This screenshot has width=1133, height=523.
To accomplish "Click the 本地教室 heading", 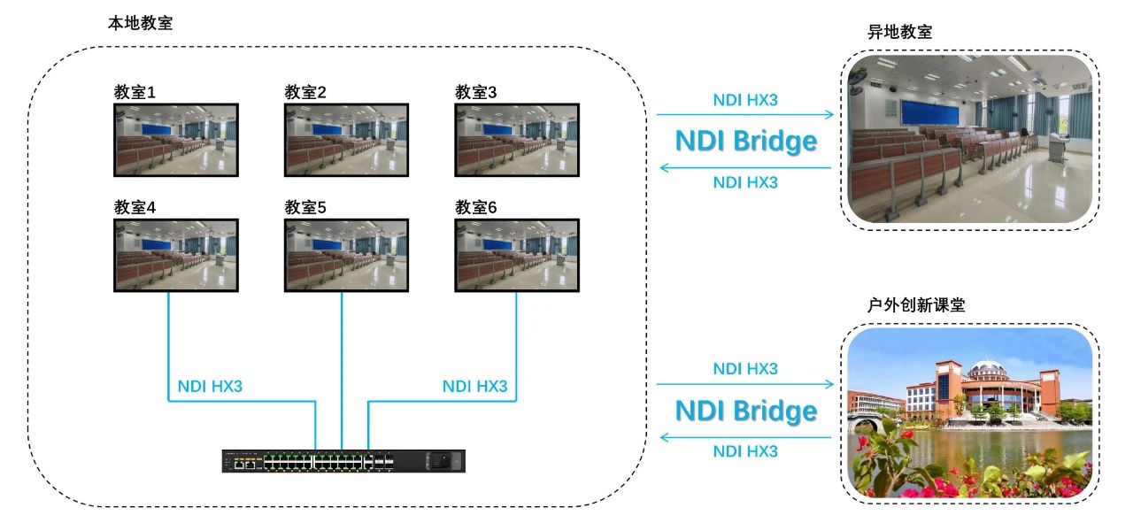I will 140,24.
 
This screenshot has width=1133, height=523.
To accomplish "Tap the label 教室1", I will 135,92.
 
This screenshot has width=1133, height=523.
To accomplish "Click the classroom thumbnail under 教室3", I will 518,140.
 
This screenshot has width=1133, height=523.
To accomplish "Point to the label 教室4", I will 135,207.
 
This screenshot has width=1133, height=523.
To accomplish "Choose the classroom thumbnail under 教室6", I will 518,255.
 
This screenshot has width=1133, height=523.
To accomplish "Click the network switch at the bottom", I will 343,460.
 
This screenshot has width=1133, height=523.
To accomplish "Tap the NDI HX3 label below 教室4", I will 210,386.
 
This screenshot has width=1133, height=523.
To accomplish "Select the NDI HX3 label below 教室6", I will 474,386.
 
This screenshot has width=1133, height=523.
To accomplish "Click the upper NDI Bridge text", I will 745,142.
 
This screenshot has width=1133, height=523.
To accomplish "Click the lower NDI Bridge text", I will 745,411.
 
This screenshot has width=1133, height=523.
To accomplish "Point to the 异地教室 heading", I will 900,32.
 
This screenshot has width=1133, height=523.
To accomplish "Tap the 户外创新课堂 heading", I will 916,304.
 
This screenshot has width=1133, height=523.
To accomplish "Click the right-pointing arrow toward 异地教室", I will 745,114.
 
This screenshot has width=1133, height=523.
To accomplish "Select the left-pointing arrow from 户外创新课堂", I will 745,436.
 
